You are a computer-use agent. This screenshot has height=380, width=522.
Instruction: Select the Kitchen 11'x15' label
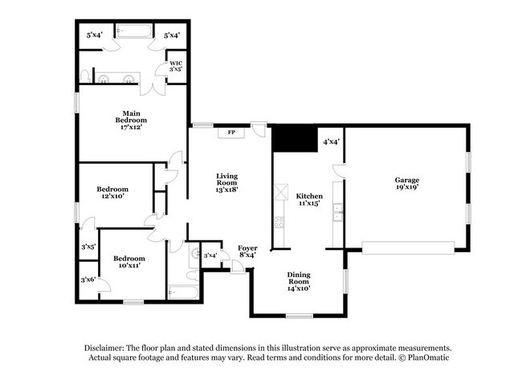point(308,200)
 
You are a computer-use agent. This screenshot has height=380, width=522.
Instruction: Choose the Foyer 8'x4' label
point(248,251)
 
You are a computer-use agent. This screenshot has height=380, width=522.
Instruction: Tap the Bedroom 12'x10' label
point(113,194)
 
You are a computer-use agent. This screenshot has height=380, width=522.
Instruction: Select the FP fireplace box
point(231,133)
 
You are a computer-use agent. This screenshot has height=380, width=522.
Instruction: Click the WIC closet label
point(175,67)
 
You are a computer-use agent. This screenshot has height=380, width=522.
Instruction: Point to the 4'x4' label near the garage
point(331,141)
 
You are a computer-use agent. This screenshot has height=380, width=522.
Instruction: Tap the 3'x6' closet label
point(88,279)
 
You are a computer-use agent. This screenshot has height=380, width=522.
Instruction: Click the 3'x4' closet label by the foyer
point(211,255)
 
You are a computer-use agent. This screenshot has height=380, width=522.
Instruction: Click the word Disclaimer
point(108,347)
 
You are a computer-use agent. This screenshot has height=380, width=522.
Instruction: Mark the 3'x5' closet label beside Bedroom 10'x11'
point(88,247)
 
